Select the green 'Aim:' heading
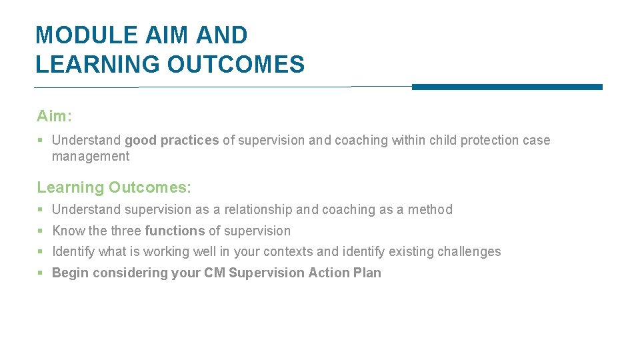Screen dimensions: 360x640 click(x=54, y=116)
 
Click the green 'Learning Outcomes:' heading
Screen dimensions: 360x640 click(x=114, y=187)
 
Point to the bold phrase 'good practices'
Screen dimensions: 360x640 click(x=171, y=140)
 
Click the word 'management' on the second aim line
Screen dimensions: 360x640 click(x=91, y=157)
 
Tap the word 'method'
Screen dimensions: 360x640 click(x=430, y=209)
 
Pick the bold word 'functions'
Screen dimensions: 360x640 click(x=175, y=231)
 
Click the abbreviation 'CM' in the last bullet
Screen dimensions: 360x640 click(x=215, y=273)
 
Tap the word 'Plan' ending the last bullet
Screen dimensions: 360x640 click(x=368, y=273)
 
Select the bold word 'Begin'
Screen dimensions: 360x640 click(x=69, y=273)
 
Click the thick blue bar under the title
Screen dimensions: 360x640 click(x=507, y=87)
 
